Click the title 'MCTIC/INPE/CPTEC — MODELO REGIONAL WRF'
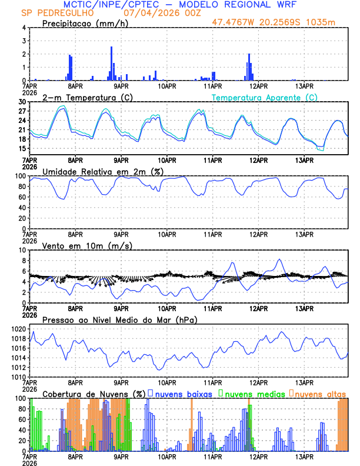(180, 5)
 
